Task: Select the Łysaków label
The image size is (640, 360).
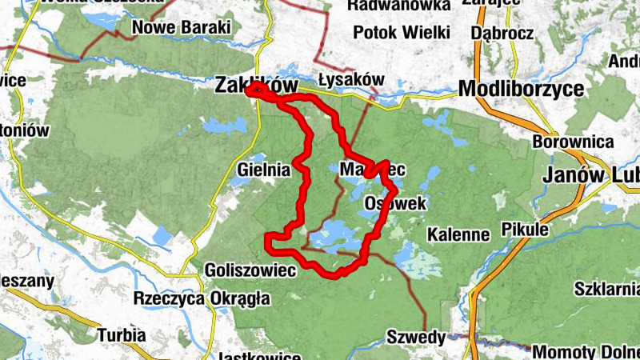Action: tap(351, 80)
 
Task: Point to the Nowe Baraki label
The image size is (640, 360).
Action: tap(182, 28)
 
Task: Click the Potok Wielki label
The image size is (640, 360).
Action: tap(402, 33)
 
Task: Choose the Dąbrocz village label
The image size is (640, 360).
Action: tap(503, 33)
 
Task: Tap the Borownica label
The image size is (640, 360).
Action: tap(573, 142)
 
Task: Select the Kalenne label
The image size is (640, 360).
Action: tap(458, 234)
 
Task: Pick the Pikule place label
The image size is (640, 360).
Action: tap(525, 230)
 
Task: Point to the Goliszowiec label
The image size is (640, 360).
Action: tap(250, 270)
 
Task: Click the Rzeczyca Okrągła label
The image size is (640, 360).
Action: tap(202, 298)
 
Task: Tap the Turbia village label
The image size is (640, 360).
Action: tap(122, 334)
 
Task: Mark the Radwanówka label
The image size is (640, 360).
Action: tap(399, 6)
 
